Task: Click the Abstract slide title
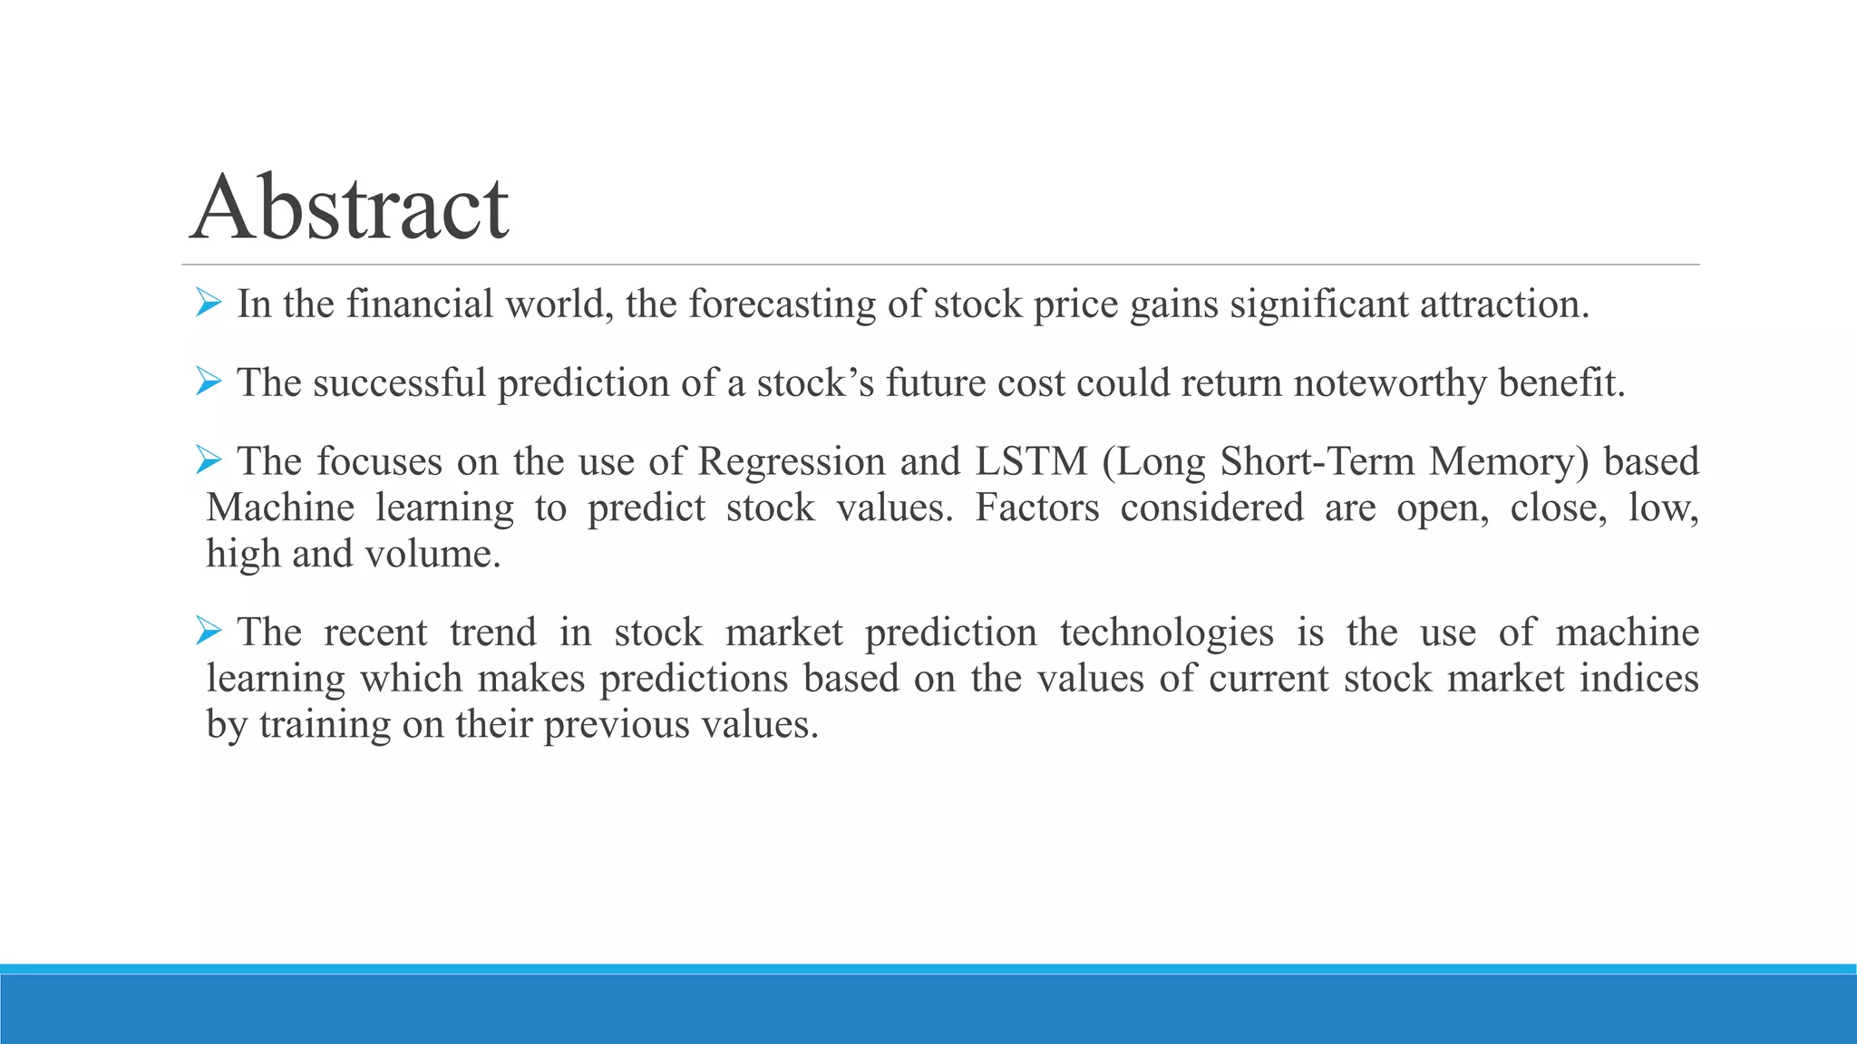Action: [350, 208]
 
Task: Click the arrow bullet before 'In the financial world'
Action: [209, 303]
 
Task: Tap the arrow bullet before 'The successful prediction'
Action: [209, 382]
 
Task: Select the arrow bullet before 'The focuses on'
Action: [209, 460]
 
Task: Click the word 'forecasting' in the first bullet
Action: [782, 304]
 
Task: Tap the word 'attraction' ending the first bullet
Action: [1501, 304]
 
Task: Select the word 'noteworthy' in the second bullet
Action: [1389, 383]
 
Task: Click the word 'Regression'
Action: [791, 462]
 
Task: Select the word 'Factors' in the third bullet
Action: [1036, 508]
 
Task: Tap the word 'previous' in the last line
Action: [617, 725]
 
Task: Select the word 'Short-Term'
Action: [1317, 462]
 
